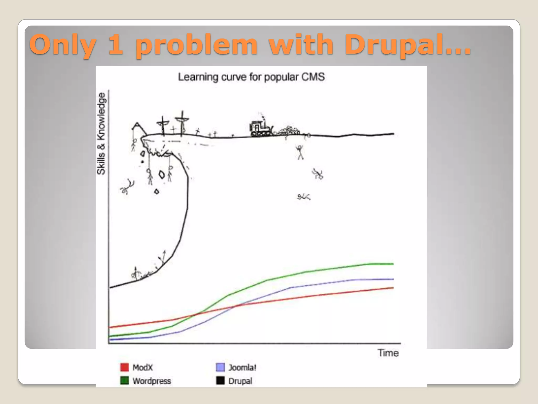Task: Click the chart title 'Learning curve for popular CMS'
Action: point(251,77)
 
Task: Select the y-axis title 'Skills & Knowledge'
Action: point(101,134)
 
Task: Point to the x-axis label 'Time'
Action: point(388,353)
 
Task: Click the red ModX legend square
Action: point(125,367)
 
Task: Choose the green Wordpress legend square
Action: point(125,380)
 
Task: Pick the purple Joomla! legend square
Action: point(220,367)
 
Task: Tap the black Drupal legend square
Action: point(220,380)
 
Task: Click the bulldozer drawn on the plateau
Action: point(260,128)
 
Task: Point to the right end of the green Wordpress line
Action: point(392,264)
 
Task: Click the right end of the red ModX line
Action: point(392,288)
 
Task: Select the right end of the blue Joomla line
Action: point(392,279)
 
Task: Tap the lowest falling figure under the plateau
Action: point(304,197)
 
